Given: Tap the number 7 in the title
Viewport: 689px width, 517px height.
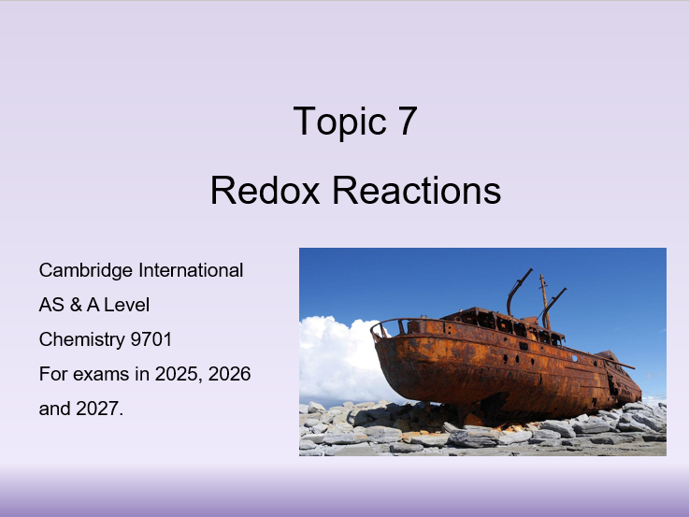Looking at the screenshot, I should click(406, 122).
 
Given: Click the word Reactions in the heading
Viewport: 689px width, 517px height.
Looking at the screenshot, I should click(417, 190).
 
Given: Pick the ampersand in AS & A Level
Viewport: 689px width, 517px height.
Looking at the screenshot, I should click(77, 305).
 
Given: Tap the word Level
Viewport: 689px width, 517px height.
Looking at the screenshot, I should click(127, 305).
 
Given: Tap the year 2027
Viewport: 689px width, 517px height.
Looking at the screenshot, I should click(99, 409).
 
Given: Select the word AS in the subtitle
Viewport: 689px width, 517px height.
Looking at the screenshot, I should click(51, 305).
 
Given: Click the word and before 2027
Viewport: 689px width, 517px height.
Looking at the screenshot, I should click(54, 409).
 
